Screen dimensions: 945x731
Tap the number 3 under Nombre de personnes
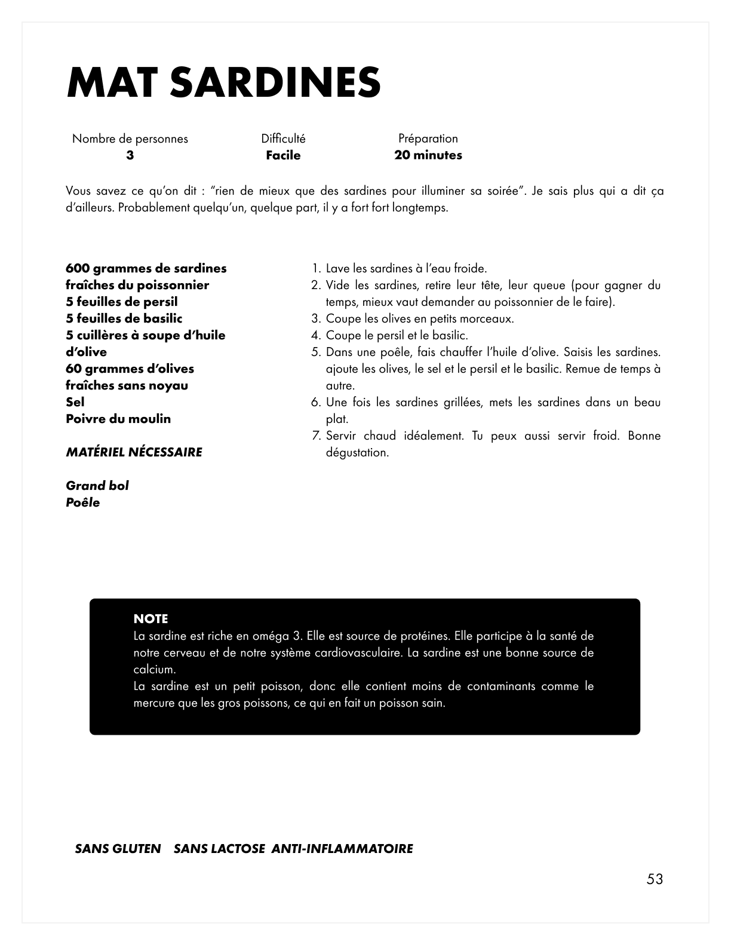(130, 155)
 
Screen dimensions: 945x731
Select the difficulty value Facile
(283, 155)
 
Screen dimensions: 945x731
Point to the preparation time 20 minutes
(428, 155)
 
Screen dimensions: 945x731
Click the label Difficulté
(283, 139)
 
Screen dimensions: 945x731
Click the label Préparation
(428, 139)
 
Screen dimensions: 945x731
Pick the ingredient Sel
(75, 402)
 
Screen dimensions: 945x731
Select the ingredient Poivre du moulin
(118, 419)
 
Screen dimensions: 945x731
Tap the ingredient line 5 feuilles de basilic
(124, 318)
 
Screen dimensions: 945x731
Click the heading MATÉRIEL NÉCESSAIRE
(134, 452)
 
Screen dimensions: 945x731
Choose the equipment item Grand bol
(97, 486)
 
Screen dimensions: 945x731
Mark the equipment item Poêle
(83, 502)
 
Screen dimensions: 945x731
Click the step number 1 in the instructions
(317, 269)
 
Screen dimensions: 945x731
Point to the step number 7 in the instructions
(317, 436)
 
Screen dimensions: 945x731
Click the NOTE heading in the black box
(150, 619)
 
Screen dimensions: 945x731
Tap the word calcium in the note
(153, 670)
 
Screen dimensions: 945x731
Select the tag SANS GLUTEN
(118, 849)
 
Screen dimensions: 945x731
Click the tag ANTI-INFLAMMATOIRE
(342, 849)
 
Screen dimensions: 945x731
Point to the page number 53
(655, 879)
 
